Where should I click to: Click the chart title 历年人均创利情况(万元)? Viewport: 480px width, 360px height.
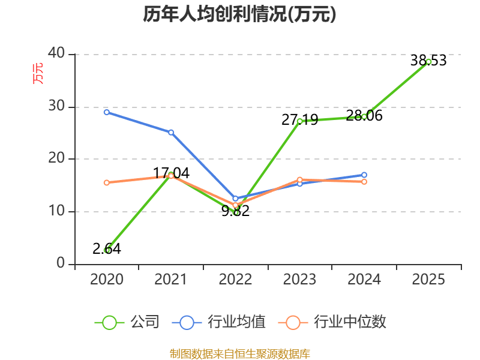click(x=239, y=14)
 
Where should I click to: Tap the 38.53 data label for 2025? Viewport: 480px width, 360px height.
click(x=428, y=61)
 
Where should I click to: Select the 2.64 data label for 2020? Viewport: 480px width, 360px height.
click(x=107, y=248)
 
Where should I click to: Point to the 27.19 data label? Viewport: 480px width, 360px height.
click(x=299, y=119)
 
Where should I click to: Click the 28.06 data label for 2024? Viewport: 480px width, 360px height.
click(x=364, y=116)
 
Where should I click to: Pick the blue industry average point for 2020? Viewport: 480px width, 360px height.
click(x=107, y=112)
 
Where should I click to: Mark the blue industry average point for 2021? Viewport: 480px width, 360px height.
click(x=171, y=132)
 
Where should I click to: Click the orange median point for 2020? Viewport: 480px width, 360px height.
click(x=107, y=183)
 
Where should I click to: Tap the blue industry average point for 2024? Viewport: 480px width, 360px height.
click(x=364, y=175)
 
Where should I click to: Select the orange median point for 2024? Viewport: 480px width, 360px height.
click(x=364, y=182)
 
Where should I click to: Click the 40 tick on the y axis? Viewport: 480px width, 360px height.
click(x=56, y=53)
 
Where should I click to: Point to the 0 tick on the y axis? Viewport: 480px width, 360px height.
click(x=61, y=263)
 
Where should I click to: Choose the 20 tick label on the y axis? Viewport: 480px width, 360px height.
click(x=56, y=158)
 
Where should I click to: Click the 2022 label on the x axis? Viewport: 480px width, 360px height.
click(x=235, y=280)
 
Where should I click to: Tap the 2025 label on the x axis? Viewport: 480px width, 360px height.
click(x=428, y=280)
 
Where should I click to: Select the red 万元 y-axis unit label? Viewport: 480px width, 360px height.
click(x=38, y=73)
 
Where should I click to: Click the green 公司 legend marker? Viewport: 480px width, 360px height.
click(x=109, y=323)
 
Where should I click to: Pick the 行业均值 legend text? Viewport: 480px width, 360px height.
click(x=236, y=322)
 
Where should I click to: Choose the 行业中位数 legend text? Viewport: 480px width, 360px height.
click(x=350, y=322)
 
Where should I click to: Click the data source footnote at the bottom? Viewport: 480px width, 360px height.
click(x=239, y=354)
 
